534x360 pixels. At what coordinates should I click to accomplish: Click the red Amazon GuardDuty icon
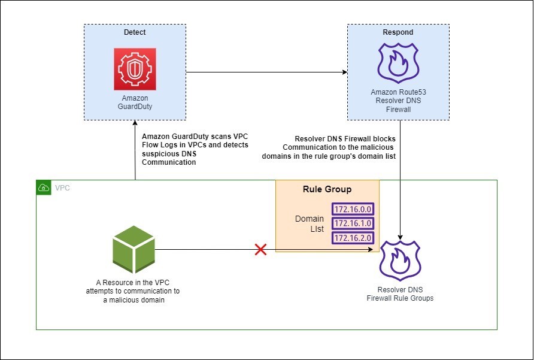135,69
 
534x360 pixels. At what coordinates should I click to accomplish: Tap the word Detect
135,32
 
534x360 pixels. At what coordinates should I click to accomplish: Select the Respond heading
400,32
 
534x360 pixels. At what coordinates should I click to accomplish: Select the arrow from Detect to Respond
266,72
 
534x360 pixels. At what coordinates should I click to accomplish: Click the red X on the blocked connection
260,249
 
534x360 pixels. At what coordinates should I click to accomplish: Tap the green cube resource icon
133,248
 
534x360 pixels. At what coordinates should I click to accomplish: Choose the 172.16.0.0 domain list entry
353,209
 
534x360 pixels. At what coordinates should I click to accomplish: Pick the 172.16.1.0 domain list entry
353,223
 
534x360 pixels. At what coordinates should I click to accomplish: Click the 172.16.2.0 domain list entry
353,238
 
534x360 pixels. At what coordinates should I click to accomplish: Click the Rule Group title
327,189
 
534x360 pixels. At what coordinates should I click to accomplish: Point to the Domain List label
310,224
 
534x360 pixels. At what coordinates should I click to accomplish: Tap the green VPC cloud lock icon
44,187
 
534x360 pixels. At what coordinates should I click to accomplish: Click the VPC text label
62,187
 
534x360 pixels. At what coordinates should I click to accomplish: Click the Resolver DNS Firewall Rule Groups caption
400,294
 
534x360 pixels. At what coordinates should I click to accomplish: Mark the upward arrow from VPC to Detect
135,150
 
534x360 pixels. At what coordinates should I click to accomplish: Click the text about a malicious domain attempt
133,291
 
